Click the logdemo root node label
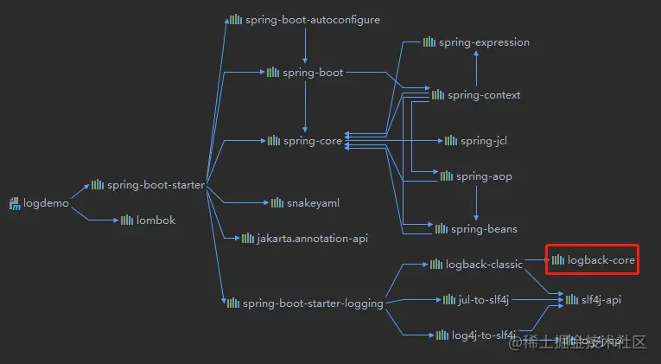pos(46,204)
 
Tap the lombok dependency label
pos(156,220)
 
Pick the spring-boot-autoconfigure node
pos(312,19)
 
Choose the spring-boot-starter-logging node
pos(313,303)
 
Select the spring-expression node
pos(484,42)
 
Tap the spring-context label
pos(484,95)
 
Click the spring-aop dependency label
pos(484,176)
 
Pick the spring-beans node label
pos(484,229)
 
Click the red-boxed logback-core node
pos(601,259)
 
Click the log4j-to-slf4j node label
pos(484,335)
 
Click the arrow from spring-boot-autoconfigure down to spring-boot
pos(305,47)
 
